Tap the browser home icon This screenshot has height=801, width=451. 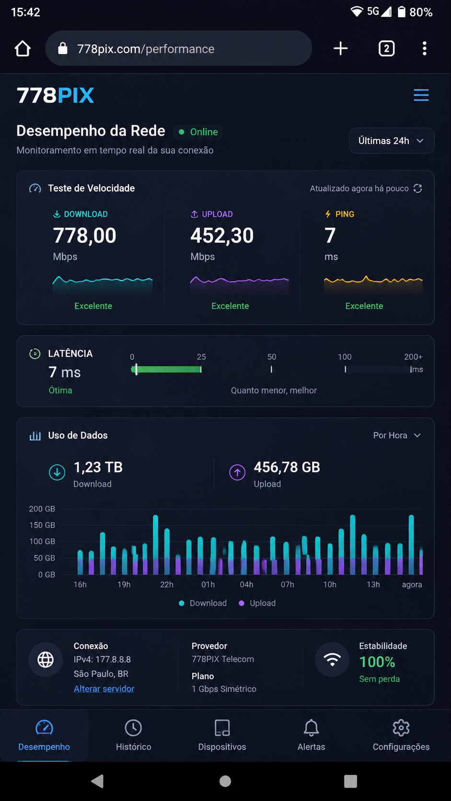pos(23,48)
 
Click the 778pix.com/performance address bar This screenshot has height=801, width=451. pos(178,48)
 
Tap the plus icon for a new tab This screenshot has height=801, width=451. pos(340,48)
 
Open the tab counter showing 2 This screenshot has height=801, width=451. pos(386,48)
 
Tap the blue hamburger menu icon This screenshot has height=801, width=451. pos(421,95)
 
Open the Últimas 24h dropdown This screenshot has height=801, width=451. pos(392,140)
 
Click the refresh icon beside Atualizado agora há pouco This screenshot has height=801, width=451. pos(418,188)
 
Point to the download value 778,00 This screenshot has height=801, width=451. pos(85,236)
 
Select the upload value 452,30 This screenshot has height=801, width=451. pos(222,236)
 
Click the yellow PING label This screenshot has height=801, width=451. pos(345,214)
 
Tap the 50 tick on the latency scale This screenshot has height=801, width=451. pos(271,369)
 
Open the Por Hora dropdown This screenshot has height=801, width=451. pos(397,435)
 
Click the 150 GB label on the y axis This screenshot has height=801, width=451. pos(42,525)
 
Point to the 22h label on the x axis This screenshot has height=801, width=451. pos(167,584)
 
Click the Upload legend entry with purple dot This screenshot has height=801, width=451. pos(257,603)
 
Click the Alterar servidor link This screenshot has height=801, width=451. pos(104,689)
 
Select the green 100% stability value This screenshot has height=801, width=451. pos(377,662)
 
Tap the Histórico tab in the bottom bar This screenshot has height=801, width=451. pos(133,735)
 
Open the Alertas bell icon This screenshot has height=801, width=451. pos(311,728)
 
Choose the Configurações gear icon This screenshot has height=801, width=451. pos(401,728)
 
